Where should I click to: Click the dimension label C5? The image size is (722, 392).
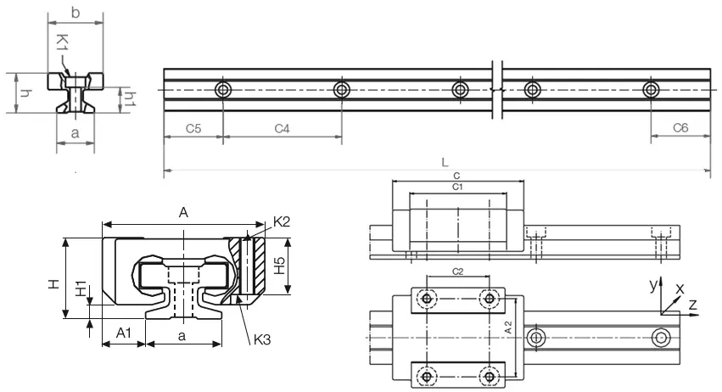click(x=193, y=128)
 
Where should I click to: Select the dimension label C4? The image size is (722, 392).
click(x=282, y=128)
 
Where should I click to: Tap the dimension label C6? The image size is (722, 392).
click(x=680, y=128)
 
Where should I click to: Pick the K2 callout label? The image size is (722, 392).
click(x=283, y=223)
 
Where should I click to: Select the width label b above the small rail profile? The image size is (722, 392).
click(x=76, y=12)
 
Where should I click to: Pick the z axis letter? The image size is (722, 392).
click(x=693, y=303)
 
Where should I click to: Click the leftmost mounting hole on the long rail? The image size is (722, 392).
click(x=222, y=90)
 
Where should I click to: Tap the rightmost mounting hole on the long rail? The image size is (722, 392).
click(x=651, y=90)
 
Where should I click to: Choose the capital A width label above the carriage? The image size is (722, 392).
click(x=183, y=216)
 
